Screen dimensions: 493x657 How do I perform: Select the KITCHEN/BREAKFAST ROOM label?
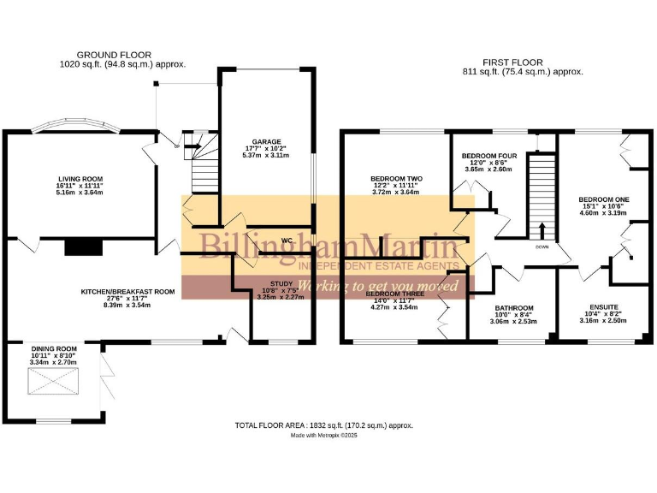pos(127,292)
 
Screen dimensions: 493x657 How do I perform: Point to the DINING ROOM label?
pos(54,349)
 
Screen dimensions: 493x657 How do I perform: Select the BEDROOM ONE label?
pos(603,199)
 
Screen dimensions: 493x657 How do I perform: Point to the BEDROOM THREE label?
pos(392,294)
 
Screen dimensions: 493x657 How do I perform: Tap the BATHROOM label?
pos(514,308)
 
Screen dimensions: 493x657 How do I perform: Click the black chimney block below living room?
pos(83,247)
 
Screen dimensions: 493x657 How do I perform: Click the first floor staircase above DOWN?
pos(541,193)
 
